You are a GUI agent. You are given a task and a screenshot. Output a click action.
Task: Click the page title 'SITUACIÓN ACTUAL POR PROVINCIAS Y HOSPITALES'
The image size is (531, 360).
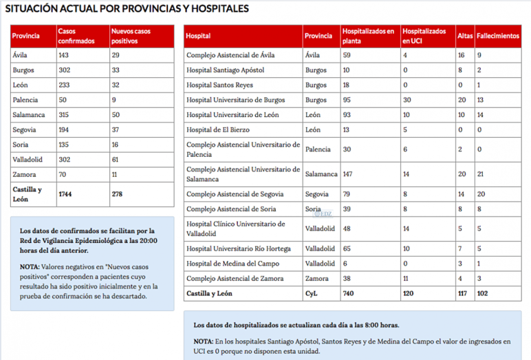pos(127,9)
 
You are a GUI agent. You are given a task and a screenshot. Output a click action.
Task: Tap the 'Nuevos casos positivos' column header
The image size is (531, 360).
pos(131,36)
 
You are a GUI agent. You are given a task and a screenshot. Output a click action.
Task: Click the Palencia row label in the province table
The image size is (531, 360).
pos(25,100)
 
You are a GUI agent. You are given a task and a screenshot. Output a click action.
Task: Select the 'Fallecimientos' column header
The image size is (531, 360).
pos(498,36)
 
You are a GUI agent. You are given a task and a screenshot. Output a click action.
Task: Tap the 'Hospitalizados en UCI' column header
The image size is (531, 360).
pos(424,36)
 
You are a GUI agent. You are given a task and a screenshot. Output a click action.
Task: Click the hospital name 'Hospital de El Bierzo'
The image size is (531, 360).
pos(219,129)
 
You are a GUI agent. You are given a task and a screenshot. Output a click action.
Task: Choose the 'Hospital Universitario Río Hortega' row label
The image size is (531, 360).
pos(239,248)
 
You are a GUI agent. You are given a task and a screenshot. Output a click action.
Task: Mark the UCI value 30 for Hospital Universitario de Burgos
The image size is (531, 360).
pos(409,100)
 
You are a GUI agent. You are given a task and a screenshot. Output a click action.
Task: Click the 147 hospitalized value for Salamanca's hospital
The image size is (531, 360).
pos(352,174)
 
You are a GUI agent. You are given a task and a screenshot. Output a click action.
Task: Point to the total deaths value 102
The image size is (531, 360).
pos(483,293)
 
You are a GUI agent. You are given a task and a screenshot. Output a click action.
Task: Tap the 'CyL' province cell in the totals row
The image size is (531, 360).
pos(312,293)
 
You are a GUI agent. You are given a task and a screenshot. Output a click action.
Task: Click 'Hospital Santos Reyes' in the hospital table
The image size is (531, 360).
pos(220,85)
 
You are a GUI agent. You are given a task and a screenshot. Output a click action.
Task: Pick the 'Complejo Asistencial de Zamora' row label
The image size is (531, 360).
pos(234,277)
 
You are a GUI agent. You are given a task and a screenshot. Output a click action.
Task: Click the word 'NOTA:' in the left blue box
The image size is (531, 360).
pos(30,266)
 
